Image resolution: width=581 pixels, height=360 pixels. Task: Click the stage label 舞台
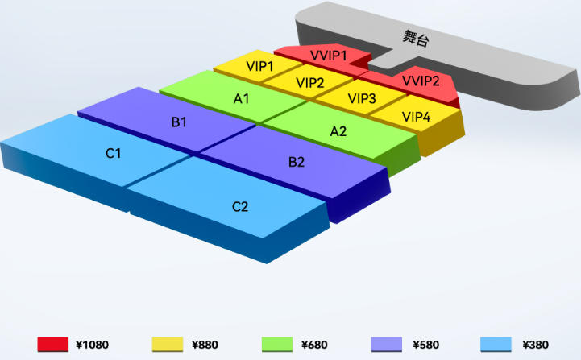416,38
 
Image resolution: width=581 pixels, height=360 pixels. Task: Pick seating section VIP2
309,82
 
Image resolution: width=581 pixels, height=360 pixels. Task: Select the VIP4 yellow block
417,118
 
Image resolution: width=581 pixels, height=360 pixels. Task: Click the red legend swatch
52,345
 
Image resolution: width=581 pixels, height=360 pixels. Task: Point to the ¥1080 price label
92,345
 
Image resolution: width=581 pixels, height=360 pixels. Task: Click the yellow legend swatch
168,345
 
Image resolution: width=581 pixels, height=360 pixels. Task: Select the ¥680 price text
314,345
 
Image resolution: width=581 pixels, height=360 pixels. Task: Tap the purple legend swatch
387,345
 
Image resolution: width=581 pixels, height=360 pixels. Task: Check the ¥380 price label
535,345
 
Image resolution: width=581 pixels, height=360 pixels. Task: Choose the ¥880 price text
205,345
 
